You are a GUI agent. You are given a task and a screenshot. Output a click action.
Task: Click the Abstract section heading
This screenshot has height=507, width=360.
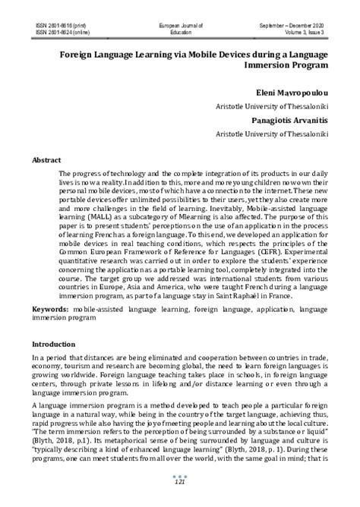tap(46, 160)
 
